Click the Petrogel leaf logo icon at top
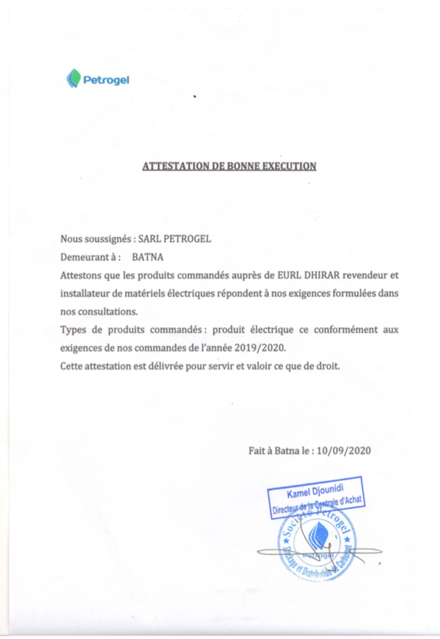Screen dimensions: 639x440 point(74,79)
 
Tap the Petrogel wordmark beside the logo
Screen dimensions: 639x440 point(107,80)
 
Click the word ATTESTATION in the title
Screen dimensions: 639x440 point(176,166)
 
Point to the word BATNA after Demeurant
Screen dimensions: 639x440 point(148,257)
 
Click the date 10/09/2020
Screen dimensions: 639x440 point(344,450)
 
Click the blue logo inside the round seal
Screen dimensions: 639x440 point(319,535)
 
